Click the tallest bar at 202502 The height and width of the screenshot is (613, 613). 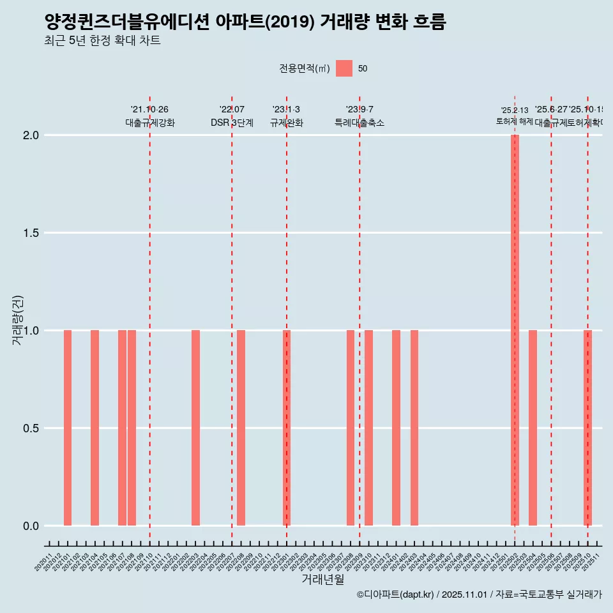click(x=515, y=330)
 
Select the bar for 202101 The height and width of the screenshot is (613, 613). click(x=68, y=428)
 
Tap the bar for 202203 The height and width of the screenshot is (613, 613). click(x=195, y=428)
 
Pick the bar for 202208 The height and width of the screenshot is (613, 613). click(x=241, y=428)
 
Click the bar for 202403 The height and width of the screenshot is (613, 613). click(x=414, y=428)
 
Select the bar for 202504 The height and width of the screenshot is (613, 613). click(x=533, y=428)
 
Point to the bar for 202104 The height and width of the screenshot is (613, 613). click(x=95, y=428)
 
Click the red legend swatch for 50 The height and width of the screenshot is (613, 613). click(x=344, y=68)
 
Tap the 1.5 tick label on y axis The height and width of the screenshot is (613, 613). click(x=29, y=233)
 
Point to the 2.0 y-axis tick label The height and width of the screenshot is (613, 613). click(x=29, y=135)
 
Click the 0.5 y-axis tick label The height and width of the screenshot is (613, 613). click(x=29, y=428)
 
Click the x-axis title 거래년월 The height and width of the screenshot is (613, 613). click(x=322, y=579)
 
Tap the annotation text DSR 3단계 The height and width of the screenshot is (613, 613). click(x=232, y=123)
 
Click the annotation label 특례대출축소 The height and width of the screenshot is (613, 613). click(x=359, y=123)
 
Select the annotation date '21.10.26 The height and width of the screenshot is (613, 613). click(x=149, y=110)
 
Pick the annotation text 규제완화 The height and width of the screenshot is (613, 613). click(x=286, y=123)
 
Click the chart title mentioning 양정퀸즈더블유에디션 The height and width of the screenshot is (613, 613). click(x=245, y=22)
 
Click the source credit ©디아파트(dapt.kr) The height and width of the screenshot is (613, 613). click(x=396, y=594)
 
